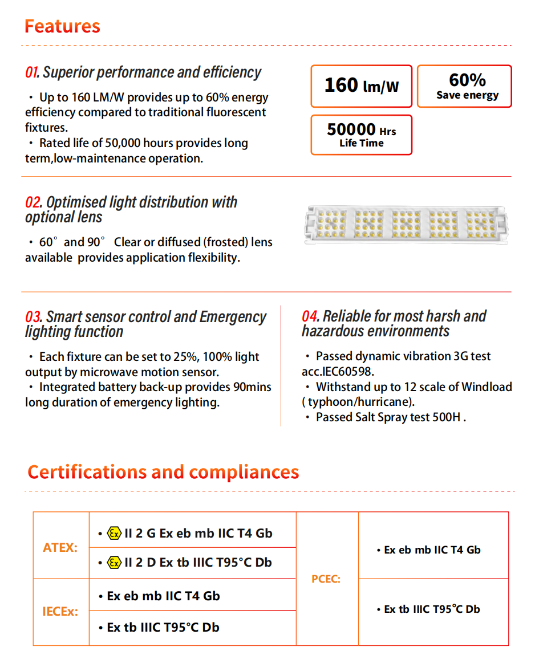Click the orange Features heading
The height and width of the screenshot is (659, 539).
tap(62, 26)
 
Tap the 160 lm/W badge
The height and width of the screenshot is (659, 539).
tap(361, 86)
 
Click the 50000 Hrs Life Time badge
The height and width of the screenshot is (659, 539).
tap(361, 135)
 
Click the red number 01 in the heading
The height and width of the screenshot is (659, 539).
tap(31, 73)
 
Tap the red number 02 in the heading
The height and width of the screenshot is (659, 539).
tap(33, 202)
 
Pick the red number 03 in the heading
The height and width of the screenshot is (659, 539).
tap(33, 317)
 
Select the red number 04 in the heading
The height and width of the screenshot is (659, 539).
tap(310, 316)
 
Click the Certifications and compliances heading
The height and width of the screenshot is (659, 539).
tap(163, 472)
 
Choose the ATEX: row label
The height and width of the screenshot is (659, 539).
tap(60, 548)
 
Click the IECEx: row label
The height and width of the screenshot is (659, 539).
tap(60, 612)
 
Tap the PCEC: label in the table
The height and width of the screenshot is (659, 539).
tap(326, 579)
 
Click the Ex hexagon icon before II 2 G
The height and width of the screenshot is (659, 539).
tap(114, 534)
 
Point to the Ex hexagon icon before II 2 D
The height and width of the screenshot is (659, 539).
tap(114, 563)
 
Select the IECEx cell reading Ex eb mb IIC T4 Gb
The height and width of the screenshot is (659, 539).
tap(163, 596)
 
